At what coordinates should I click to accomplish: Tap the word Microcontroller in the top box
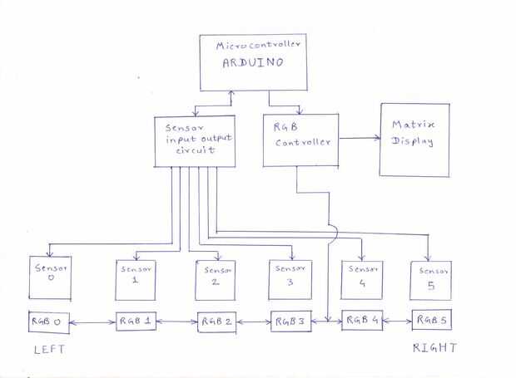point(256,45)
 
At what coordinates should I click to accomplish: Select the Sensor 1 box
point(134,278)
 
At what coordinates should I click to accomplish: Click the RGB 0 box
point(47,321)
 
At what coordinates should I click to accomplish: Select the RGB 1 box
point(135,321)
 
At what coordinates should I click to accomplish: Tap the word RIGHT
point(434,348)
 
